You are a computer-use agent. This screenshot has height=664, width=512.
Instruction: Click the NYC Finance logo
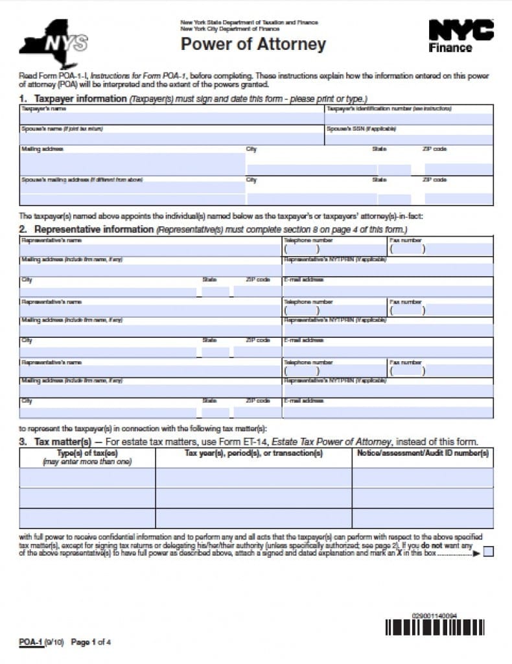[x=461, y=36]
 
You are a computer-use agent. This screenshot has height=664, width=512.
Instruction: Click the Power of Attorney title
[x=253, y=44]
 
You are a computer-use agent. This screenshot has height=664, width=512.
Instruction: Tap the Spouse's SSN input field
[x=408, y=139]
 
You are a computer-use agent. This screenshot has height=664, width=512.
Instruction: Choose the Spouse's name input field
[x=171, y=139]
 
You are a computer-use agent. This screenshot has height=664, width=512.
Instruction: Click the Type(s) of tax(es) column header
[x=87, y=457]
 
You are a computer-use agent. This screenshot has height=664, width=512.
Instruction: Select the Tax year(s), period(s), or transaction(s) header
[x=253, y=453]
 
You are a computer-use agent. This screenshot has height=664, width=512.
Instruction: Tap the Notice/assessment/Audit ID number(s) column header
[x=423, y=453]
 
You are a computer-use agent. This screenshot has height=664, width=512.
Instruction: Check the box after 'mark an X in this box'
[x=488, y=552]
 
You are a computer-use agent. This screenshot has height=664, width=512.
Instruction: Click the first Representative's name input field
[x=150, y=250]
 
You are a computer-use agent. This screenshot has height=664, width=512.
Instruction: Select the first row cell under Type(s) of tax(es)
[x=87, y=478]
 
